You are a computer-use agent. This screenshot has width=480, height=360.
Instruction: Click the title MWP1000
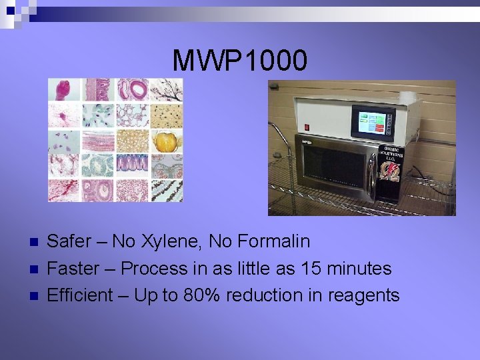tap(240, 61)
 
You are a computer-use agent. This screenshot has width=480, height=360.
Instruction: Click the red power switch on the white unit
tap(307, 127)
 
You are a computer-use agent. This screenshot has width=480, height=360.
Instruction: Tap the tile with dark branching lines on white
tap(166, 90)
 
